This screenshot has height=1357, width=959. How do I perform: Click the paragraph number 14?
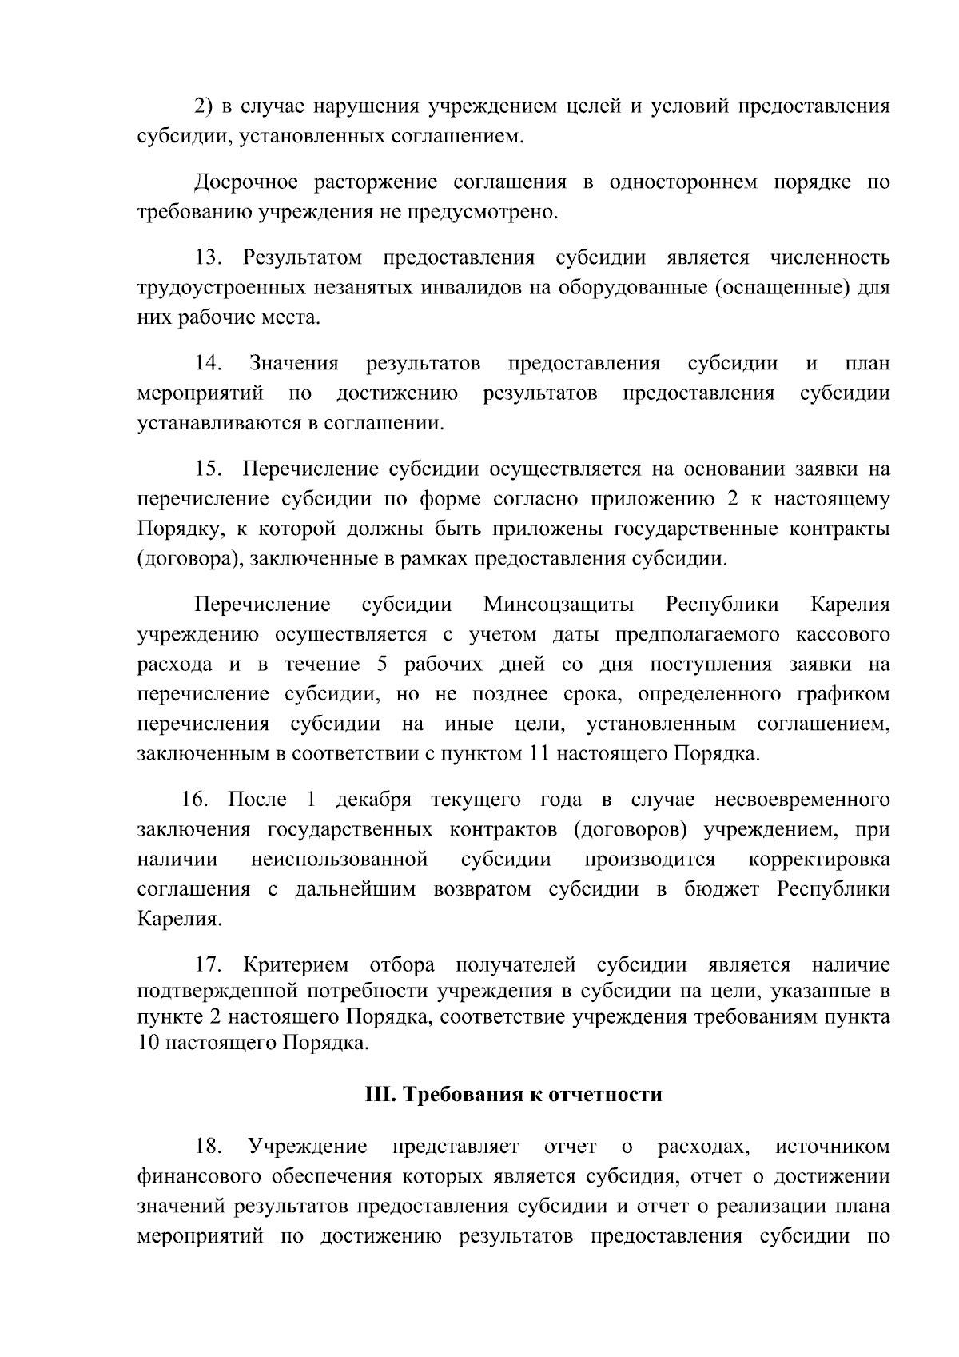(209, 364)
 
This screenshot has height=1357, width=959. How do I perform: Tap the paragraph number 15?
(209, 469)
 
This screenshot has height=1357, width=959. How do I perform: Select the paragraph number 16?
(195, 800)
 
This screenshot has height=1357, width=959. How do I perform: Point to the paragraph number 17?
(209, 966)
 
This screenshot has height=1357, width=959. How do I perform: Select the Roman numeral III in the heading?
(376, 1095)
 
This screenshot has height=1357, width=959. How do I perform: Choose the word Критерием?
(296, 966)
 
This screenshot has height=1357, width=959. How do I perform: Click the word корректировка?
(819, 860)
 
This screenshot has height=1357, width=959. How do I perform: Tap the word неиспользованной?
(340, 860)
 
